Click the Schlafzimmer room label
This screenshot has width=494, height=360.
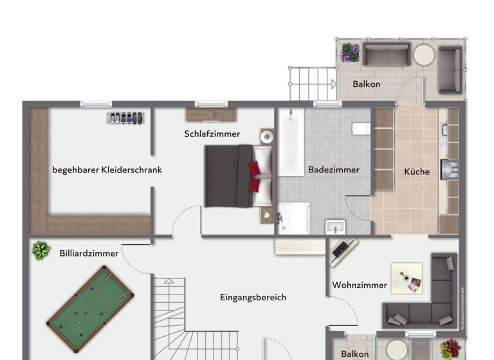[x=212, y=134]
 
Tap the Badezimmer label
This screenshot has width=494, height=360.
[x=333, y=170]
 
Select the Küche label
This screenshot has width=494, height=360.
[x=416, y=172]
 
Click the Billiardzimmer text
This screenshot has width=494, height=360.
[x=89, y=253]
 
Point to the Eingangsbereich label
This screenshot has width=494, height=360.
[x=253, y=297]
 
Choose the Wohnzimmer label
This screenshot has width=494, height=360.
[x=360, y=285]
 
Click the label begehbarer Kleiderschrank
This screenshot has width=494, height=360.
[x=107, y=170]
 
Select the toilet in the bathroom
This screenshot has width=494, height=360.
[x=361, y=129]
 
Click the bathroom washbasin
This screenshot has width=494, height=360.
[x=335, y=227]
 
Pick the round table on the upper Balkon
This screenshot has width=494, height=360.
[x=424, y=55]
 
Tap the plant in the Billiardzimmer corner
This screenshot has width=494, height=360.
[x=41, y=250]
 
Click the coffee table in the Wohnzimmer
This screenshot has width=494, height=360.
[x=407, y=278]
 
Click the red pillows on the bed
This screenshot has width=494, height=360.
[x=255, y=177]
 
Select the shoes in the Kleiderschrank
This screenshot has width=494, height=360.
[x=126, y=118]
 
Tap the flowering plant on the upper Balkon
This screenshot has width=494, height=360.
[x=350, y=51]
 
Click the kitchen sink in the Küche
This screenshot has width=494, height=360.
[x=448, y=170]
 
